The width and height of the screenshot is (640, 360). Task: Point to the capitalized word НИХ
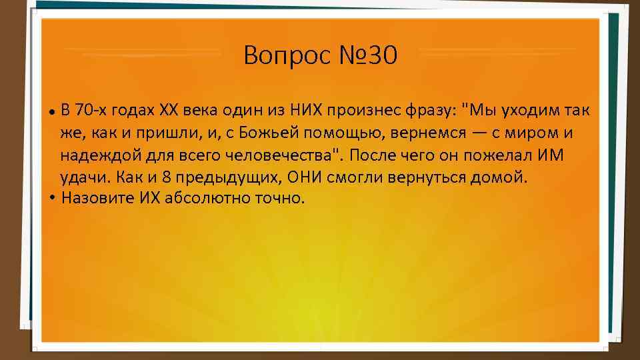point(304,109)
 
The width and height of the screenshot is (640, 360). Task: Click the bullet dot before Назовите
point(52,199)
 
